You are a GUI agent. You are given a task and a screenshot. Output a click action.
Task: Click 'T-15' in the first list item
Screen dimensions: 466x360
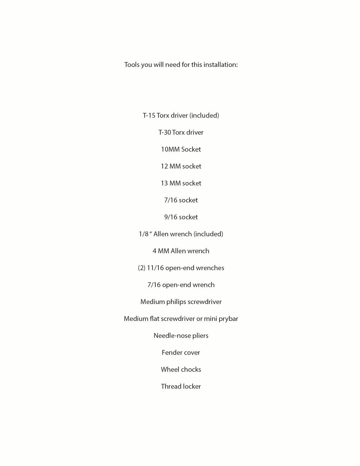[149, 115]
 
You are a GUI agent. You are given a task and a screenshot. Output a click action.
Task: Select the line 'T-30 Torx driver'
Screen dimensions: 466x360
[181, 132]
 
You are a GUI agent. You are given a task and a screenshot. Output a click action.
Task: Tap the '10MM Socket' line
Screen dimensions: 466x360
[181, 149]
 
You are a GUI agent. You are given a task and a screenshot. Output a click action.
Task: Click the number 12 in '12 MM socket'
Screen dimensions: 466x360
[164, 166]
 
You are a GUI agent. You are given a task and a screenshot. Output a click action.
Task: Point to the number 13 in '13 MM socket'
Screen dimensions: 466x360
[164, 183]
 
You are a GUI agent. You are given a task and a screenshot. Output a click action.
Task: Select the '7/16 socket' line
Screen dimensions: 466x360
[181, 200]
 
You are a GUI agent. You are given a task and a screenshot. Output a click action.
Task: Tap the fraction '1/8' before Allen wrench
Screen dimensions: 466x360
[143, 234]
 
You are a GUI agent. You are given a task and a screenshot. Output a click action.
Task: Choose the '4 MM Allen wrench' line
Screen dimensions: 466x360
[181, 251]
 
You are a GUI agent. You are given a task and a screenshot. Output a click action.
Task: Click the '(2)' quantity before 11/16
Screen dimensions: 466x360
[141, 268]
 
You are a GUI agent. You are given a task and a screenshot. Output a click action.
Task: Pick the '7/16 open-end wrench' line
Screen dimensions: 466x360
[181, 285]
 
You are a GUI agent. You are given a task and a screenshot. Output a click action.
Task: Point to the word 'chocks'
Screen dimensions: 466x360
[191, 369]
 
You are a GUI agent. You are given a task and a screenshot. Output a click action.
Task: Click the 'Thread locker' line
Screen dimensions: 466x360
[181, 386]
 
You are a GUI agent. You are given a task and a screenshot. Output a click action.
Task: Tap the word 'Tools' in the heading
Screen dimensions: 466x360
[132, 65]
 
